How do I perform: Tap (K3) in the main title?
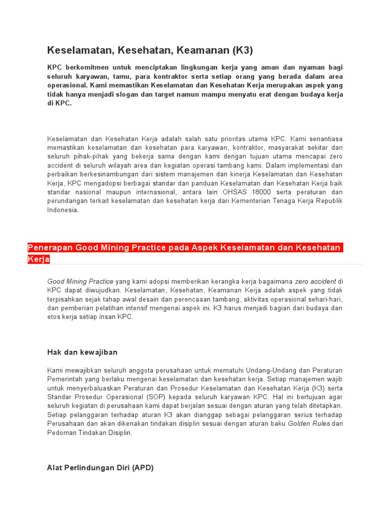coord(243,50)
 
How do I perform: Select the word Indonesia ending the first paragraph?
coord(63,210)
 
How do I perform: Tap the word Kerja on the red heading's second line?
coord(39,259)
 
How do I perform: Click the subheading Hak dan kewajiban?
coord(82,352)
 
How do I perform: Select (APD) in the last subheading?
coord(142,468)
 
